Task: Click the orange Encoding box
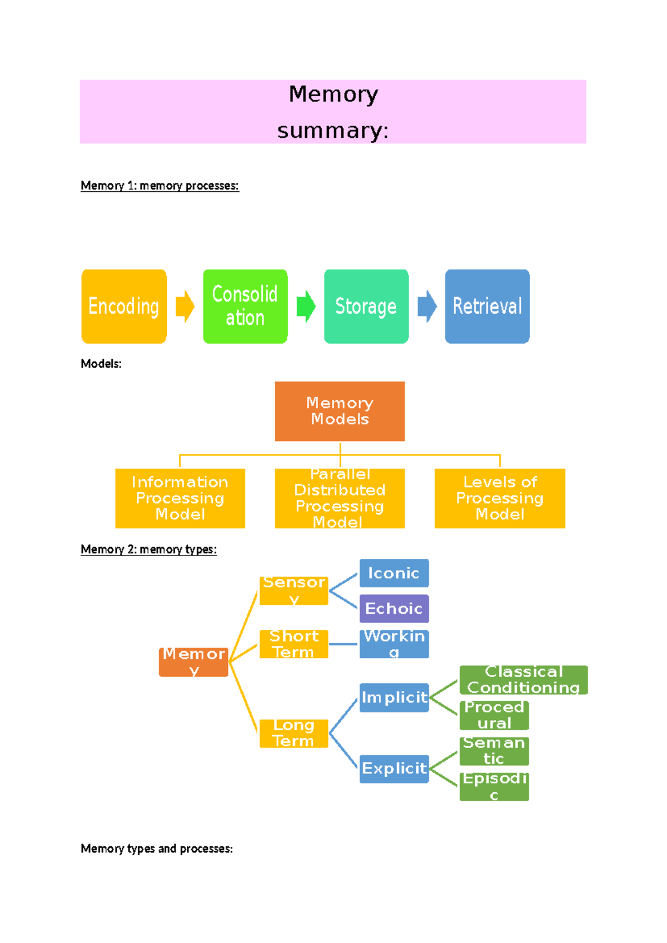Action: tap(124, 306)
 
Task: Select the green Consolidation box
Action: tap(245, 306)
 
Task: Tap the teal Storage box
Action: tap(366, 306)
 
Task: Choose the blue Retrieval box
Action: tap(487, 306)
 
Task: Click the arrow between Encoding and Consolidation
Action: tap(185, 306)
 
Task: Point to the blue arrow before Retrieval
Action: tap(427, 306)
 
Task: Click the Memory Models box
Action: tap(340, 411)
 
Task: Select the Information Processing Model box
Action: tap(180, 498)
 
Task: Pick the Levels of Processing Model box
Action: tap(500, 498)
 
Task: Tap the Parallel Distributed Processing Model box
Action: tap(340, 498)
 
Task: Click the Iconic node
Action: tap(394, 573)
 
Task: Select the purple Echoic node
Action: tap(394, 608)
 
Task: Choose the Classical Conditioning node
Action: tap(523, 679)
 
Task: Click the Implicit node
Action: tap(394, 697)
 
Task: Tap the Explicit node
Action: tap(394, 768)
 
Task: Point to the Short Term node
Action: tap(293, 644)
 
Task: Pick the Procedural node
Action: tap(494, 715)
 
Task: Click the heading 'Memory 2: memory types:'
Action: tap(148, 549)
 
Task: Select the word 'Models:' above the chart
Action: tap(101, 364)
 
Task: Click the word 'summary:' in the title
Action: tap(333, 131)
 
